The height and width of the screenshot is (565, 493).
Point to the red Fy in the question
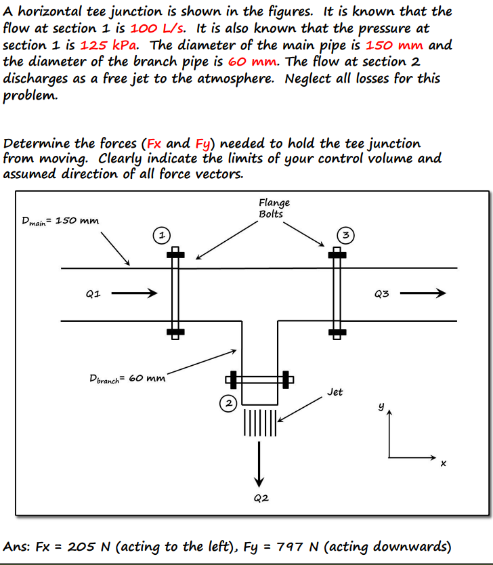(x=202, y=144)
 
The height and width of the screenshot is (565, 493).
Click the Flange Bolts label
(x=274, y=208)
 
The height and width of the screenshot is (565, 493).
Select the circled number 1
(x=160, y=236)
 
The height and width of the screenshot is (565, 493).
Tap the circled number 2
(x=230, y=404)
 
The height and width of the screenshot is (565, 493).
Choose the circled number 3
(x=345, y=236)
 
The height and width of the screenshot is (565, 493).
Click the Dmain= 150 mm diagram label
(x=60, y=221)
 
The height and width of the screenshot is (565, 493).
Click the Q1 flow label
(x=93, y=294)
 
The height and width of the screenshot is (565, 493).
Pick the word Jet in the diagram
(x=335, y=392)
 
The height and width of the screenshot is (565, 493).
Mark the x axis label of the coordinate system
(x=443, y=464)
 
